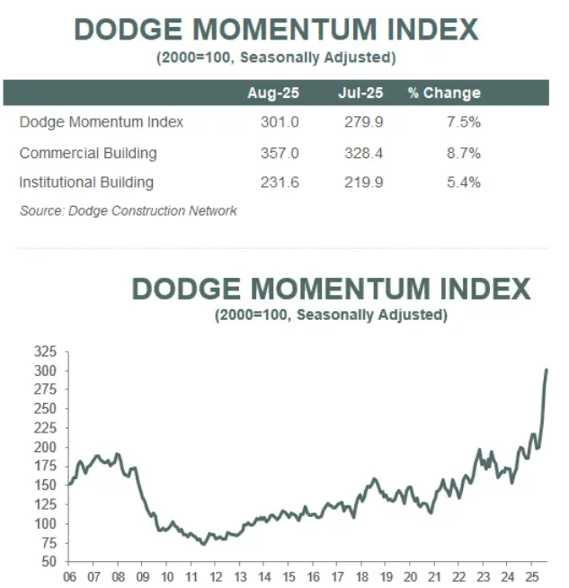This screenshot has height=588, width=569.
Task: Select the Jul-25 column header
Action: pos(360,93)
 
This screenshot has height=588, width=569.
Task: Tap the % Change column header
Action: pos(444,93)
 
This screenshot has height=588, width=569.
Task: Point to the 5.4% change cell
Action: pos(462,183)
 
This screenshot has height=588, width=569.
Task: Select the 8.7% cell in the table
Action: pos(462,153)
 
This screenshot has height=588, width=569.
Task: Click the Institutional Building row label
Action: pos(86,183)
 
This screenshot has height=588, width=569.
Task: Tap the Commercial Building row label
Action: pos(88,153)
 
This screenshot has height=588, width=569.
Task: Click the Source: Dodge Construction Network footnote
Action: pos(129,210)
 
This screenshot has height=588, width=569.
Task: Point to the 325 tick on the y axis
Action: pos(44,352)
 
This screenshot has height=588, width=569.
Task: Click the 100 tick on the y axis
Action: pos(44,523)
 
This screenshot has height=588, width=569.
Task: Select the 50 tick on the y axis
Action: pos(48,561)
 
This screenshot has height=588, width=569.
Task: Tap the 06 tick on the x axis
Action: pos(69,577)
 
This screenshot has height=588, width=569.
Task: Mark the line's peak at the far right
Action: pos(547,370)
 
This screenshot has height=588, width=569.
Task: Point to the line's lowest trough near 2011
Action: pos(204,544)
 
